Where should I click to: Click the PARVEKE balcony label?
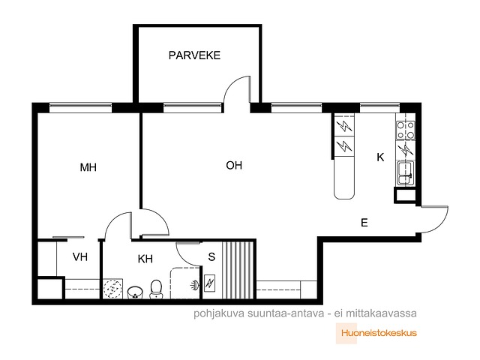pyautogui.click(x=194, y=55)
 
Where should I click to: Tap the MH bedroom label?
pyautogui.click(x=88, y=167)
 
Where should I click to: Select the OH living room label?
pyautogui.click(x=234, y=166)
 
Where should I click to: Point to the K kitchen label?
pyautogui.click(x=380, y=157)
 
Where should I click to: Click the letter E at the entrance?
pyautogui.click(x=364, y=223)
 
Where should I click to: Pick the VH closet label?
pyautogui.click(x=80, y=256)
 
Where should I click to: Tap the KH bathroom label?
pyautogui.click(x=145, y=259)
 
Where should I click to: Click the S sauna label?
pyautogui.click(x=211, y=256)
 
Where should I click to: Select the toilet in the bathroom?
pyautogui.click(x=156, y=289)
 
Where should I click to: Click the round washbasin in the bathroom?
pyautogui.click(x=135, y=292)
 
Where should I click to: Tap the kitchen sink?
pyautogui.click(x=406, y=173)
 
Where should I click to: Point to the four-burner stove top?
pyautogui.click(x=406, y=130)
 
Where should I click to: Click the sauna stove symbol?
pyautogui.click(x=209, y=283)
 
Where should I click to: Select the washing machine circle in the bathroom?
pyautogui.click(x=112, y=289)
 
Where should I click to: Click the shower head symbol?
pyautogui.click(x=195, y=286)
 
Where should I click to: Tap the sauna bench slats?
pyautogui.click(x=238, y=270)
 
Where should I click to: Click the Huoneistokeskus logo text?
pyautogui.click(x=379, y=333)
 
